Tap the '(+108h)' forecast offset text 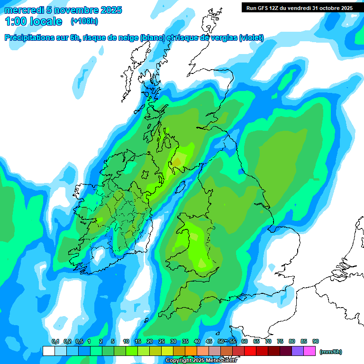click(84, 21)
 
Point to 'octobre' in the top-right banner click(324, 8)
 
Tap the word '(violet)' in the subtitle click(251, 38)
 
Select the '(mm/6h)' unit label click(330, 352)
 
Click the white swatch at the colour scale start click(48, 351)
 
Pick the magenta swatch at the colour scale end click(310, 351)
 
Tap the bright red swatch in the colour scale click(250, 351)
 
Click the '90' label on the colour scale click(316, 341)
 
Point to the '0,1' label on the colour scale click(55, 341)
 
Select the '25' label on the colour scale click(162, 341)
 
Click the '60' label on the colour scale click(245, 341)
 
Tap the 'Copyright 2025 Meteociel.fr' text click(201, 360)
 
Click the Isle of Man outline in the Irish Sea click(181, 187)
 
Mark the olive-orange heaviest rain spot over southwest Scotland click(176, 163)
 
